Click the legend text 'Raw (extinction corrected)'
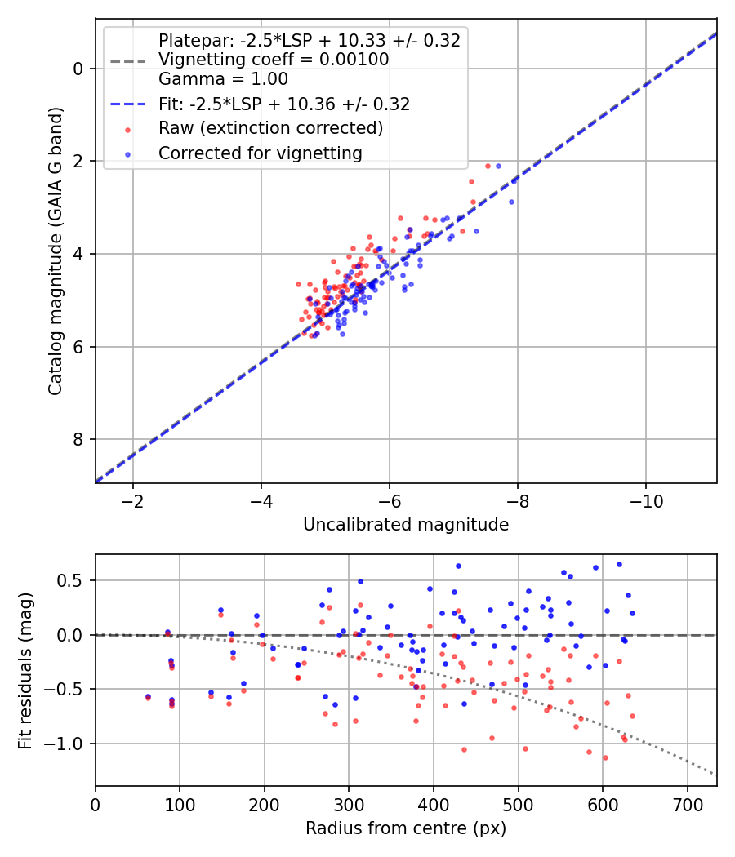pos(270,128)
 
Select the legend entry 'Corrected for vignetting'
pos(261,153)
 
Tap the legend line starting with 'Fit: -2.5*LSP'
pos(284,104)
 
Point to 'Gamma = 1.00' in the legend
pos(223,79)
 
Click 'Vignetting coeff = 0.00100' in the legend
pos(274,60)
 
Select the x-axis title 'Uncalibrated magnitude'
pos(406,525)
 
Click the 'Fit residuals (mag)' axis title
pos(25,670)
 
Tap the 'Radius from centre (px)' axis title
pos(406,828)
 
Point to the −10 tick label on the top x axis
pos(646,501)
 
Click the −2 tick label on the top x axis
pos(133,501)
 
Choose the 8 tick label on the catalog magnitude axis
pos(78,439)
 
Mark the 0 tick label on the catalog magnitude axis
pos(78,69)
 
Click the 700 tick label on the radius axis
pos(688,805)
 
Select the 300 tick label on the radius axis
pos(350,805)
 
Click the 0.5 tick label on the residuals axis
pos(70,580)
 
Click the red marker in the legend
pos(128,130)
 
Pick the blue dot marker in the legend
pos(128,154)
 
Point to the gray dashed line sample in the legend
pos(128,60)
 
